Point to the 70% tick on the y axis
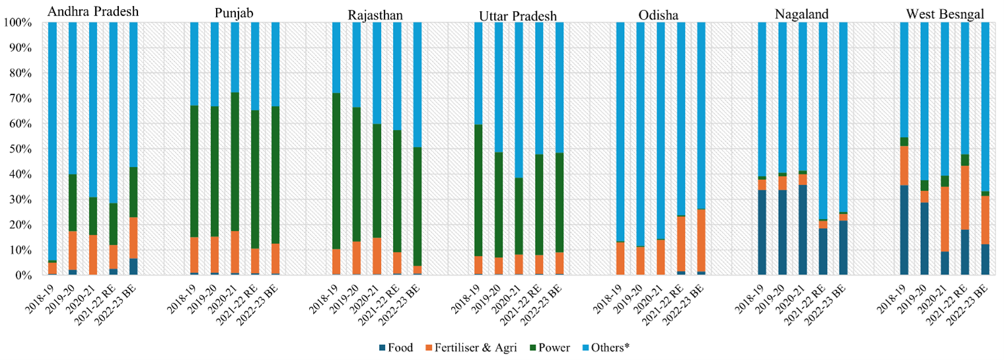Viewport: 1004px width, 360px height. (x=18, y=98)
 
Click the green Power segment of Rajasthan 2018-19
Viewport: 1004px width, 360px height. (x=336, y=171)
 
